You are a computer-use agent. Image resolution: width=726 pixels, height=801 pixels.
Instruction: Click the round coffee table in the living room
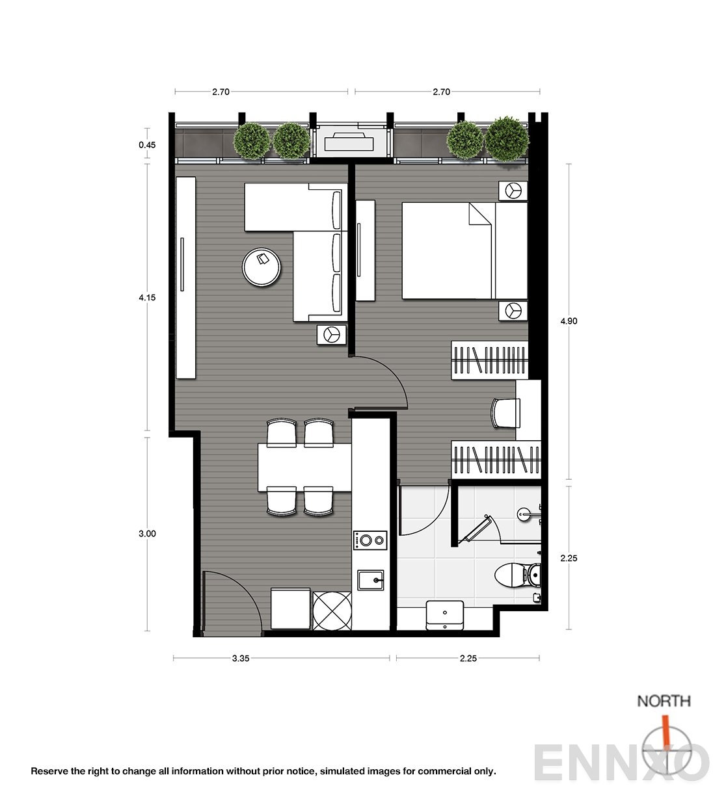(262, 267)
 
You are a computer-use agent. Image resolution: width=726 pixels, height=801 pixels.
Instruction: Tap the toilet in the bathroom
(517, 575)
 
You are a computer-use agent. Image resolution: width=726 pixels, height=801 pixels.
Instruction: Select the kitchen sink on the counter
(370, 580)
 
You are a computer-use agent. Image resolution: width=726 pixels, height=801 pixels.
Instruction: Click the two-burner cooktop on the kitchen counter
(370, 540)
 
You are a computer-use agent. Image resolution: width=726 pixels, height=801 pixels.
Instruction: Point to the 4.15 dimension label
(147, 298)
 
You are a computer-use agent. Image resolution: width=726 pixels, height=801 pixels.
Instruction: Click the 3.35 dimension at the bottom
(241, 659)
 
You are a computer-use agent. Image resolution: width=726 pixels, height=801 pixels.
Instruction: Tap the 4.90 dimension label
(569, 321)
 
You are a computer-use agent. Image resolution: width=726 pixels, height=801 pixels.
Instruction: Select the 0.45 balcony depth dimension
(147, 145)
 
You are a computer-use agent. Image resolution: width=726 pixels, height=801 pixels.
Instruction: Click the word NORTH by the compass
(664, 701)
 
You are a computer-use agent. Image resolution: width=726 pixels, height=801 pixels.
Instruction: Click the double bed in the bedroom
(464, 250)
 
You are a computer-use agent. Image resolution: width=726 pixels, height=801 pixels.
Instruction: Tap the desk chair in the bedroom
(505, 413)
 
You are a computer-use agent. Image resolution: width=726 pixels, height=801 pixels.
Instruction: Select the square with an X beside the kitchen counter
(332, 611)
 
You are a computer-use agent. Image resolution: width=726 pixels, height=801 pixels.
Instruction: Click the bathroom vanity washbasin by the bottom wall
(445, 615)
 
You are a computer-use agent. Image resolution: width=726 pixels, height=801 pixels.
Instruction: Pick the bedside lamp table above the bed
(513, 190)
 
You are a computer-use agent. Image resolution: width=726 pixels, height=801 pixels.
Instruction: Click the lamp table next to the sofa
(332, 335)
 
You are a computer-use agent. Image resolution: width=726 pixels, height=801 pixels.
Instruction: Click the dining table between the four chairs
(304, 467)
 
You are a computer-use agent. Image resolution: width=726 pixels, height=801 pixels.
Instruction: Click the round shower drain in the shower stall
(524, 514)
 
